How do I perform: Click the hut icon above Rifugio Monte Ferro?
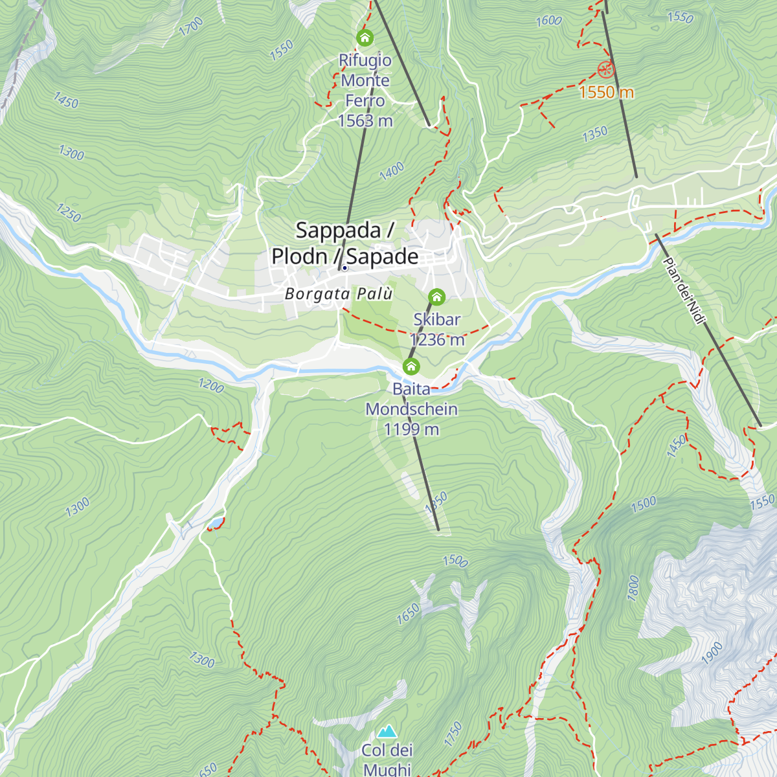pyautogui.click(x=365, y=38)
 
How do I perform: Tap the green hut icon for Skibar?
pyautogui.click(x=437, y=297)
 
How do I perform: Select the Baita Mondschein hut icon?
pyautogui.click(x=411, y=366)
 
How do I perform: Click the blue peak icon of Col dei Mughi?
pyautogui.click(x=387, y=732)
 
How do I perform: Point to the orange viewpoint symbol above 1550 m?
pyautogui.click(x=605, y=69)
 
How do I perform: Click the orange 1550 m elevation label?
pyautogui.click(x=606, y=93)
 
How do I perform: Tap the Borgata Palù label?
pyautogui.click(x=339, y=294)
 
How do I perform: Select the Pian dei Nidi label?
pyautogui.click(x=684, y=291)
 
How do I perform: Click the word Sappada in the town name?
pyautogui.click(x=338, y=231)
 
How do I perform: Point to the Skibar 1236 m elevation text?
pyautogui.click(x=437, y=340)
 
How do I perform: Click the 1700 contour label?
pyautogui.click(x=191, y=27)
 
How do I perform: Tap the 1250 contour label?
pyautogui.click(x=68, y=213)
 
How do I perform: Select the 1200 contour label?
pyautogui.click(x=211, y=386)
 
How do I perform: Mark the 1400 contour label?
pyautogui.click(x=392, y=172)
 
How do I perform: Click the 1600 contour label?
pyautogui.click(x=548, y=21)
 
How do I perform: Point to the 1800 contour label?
pyautogui.click(x=633, y=587)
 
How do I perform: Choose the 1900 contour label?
pyautogui.click(x=712, y=653)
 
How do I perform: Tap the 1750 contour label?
pyautogui.click(x=453, y=734)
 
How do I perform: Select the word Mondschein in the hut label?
pyautogui.click(x=411, y=410)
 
